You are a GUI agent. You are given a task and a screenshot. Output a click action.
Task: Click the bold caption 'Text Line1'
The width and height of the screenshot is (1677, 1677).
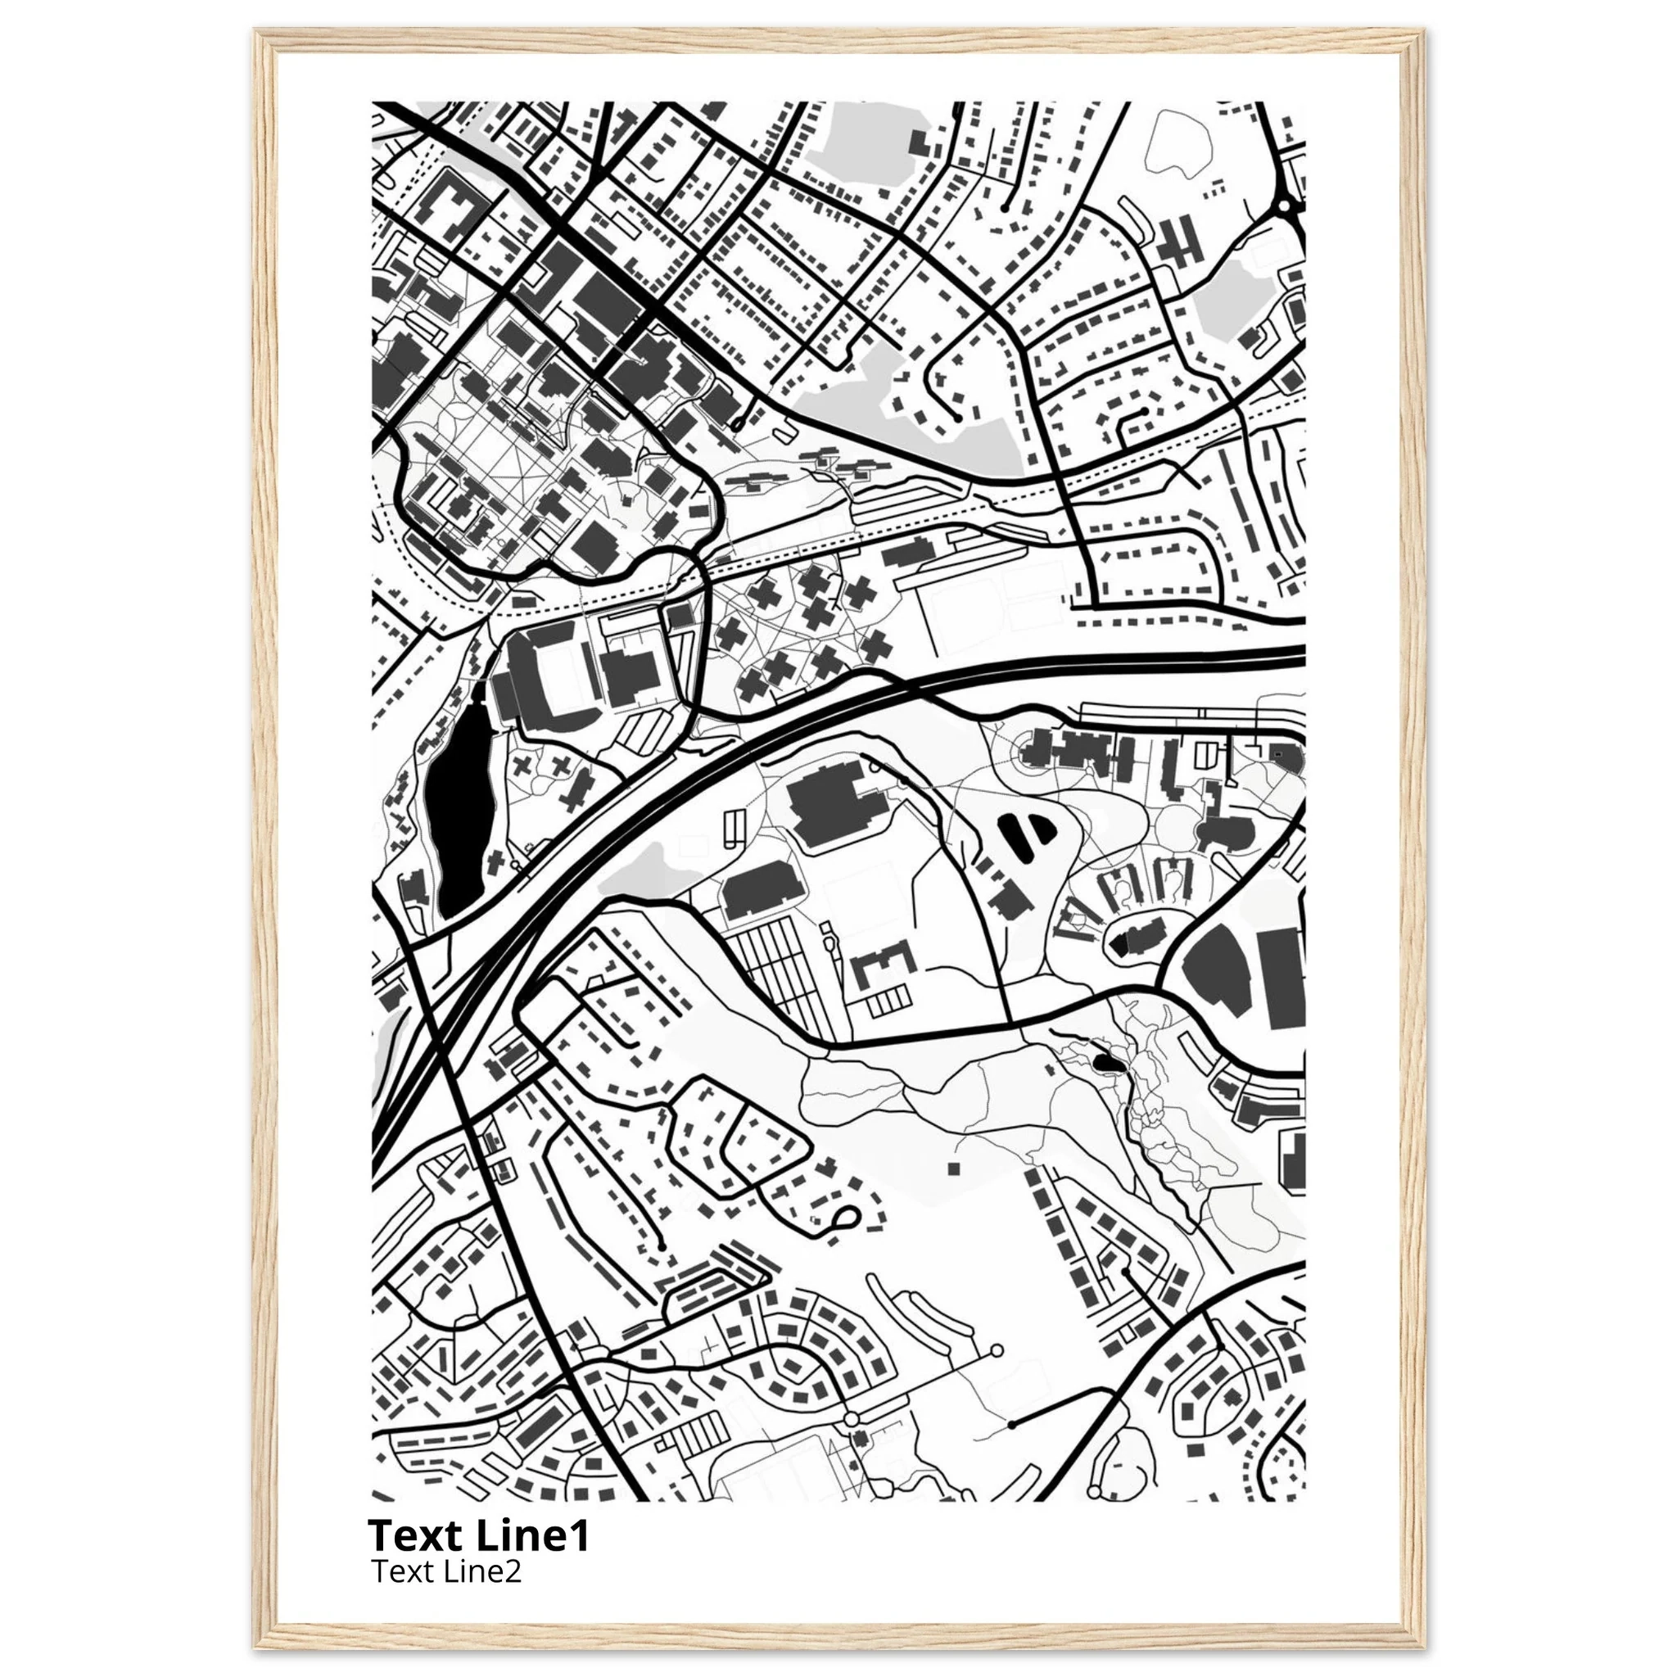[478, 1535]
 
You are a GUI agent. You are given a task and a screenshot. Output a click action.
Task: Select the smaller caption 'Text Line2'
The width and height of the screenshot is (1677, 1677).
[446, 1571]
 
